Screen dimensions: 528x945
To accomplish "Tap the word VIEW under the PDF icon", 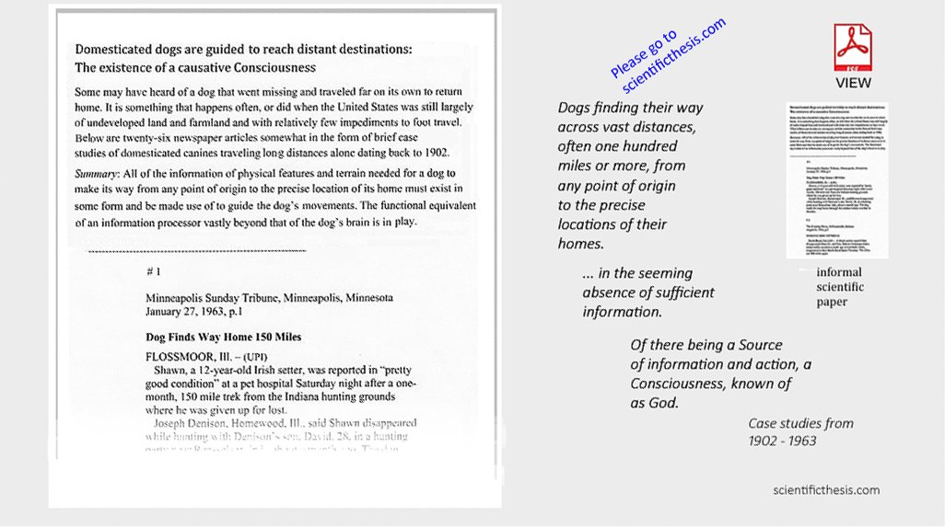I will (853, 83).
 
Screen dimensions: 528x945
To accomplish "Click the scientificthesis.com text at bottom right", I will (826, 490).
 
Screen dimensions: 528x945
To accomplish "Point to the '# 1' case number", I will (154, 271).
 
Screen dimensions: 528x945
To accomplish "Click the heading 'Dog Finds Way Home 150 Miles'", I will (224, 337).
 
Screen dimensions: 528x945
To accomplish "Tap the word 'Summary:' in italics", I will (99, 173).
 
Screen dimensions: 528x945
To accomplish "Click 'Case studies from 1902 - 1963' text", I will (800, 431).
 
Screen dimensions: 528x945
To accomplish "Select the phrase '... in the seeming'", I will (636, 273).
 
